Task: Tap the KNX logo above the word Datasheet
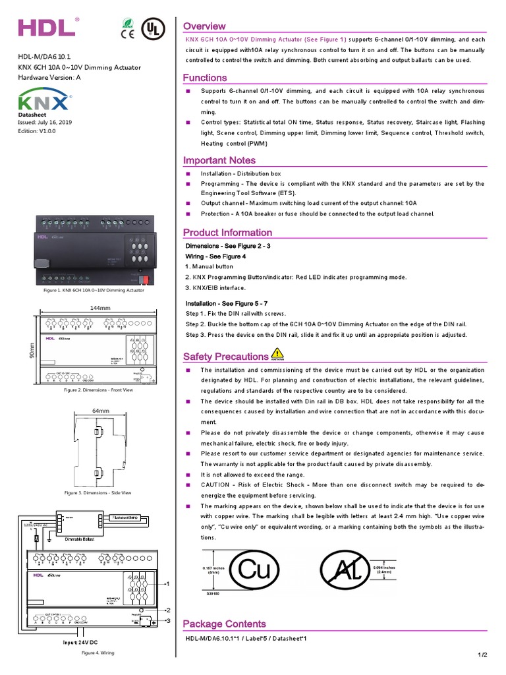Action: pyautogui.click(x=43, y=102)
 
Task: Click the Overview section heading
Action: pyautogui.click(x=204, y=26)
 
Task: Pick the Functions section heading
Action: pyautogui.click(x=205, y=78)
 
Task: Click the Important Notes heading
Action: pyautogui.click(x=219, y=160)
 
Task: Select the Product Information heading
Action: pyautogui.click(x=227, y=232)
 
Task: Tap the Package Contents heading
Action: pyautogui.click(x=225, y=624)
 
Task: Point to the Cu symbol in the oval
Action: pyautogui.click(x=254, y=570)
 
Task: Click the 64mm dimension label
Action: pyautogui.click(x=100, y=410)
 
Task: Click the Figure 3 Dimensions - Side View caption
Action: pyautogui.click(x=98, y=492)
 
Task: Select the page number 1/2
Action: pyautogui.click(x=482, y=654)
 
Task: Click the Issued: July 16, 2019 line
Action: pyautogui.click(x=45, y=123)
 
